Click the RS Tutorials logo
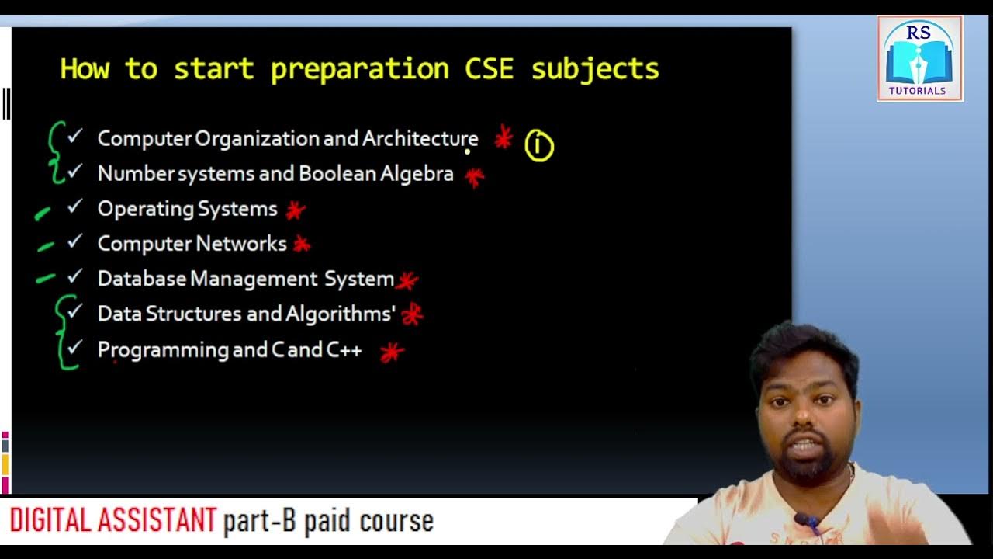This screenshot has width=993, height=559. click(x=919, y=58)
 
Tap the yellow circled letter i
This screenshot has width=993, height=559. click(x=539, y=146)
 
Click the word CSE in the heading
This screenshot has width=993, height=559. click(x=489, y=69)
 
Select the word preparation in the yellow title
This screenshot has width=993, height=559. click(x=359, y=69)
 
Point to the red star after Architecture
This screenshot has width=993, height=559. click(x=503, y=138)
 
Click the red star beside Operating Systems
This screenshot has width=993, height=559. click(x=295, y=210)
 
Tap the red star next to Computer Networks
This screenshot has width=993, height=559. click(x=302, y=245)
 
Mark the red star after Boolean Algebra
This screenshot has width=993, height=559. click(x=474, y=177)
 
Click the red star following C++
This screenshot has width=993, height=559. click(x=392, y=353)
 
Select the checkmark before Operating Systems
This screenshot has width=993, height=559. click(x=74, y=207)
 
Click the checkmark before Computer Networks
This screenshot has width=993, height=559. click(x=74, y=242)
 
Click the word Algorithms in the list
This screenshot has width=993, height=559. click(x=339, y=314)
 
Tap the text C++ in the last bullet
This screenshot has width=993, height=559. click(x=344, y=350)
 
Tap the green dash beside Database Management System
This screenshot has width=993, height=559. click(x=45, y=278)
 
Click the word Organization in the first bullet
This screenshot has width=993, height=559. click(x=257, y=139)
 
